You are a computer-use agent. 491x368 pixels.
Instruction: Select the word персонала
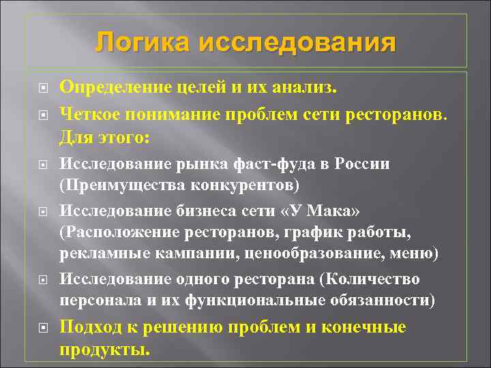pyautogui.click(x=98, y=300)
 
